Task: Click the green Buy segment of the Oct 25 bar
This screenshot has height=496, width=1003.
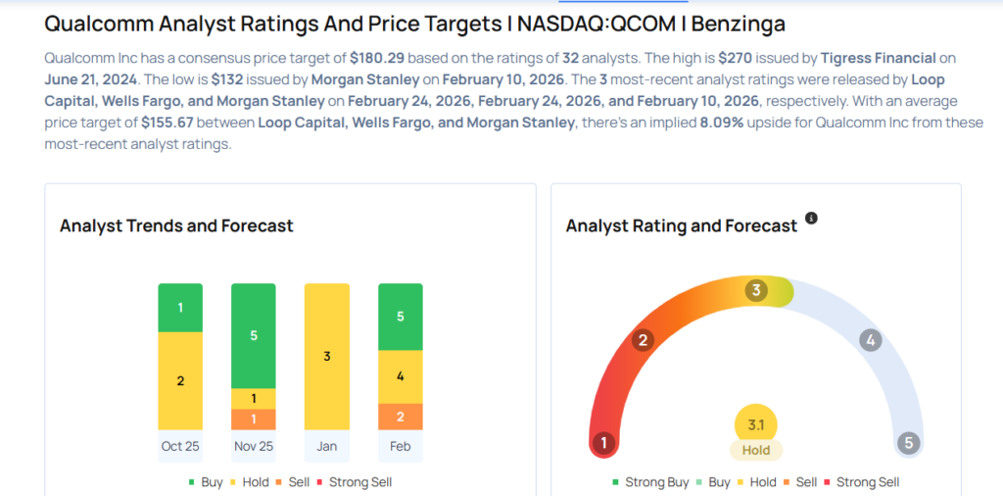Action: point(180,308)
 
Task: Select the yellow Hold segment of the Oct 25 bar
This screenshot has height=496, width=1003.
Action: point(180,380)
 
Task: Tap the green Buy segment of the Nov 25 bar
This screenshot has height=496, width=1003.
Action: point(254,335)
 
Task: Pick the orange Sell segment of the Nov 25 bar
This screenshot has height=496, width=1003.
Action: point(254,420)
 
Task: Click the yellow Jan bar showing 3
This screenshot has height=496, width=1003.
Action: point(327,357)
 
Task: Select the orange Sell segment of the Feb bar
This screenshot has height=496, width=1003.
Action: point(401,417)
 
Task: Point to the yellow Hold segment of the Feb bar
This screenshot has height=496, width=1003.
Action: point(401,376)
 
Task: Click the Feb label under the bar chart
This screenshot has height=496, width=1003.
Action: point(401,446)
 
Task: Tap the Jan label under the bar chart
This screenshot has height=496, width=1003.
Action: point(327,446)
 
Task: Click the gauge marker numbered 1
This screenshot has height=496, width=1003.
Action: point(604,443)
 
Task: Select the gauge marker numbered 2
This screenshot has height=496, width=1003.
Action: point(644,341)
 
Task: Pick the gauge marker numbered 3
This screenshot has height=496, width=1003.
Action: point(755,291)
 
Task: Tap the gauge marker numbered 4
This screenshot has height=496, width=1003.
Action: point(869,341)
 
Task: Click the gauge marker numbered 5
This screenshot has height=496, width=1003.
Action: point(909,443)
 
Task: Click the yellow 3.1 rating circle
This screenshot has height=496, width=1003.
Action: point(755,424)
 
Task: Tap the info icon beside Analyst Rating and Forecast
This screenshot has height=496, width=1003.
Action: point(811,218)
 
